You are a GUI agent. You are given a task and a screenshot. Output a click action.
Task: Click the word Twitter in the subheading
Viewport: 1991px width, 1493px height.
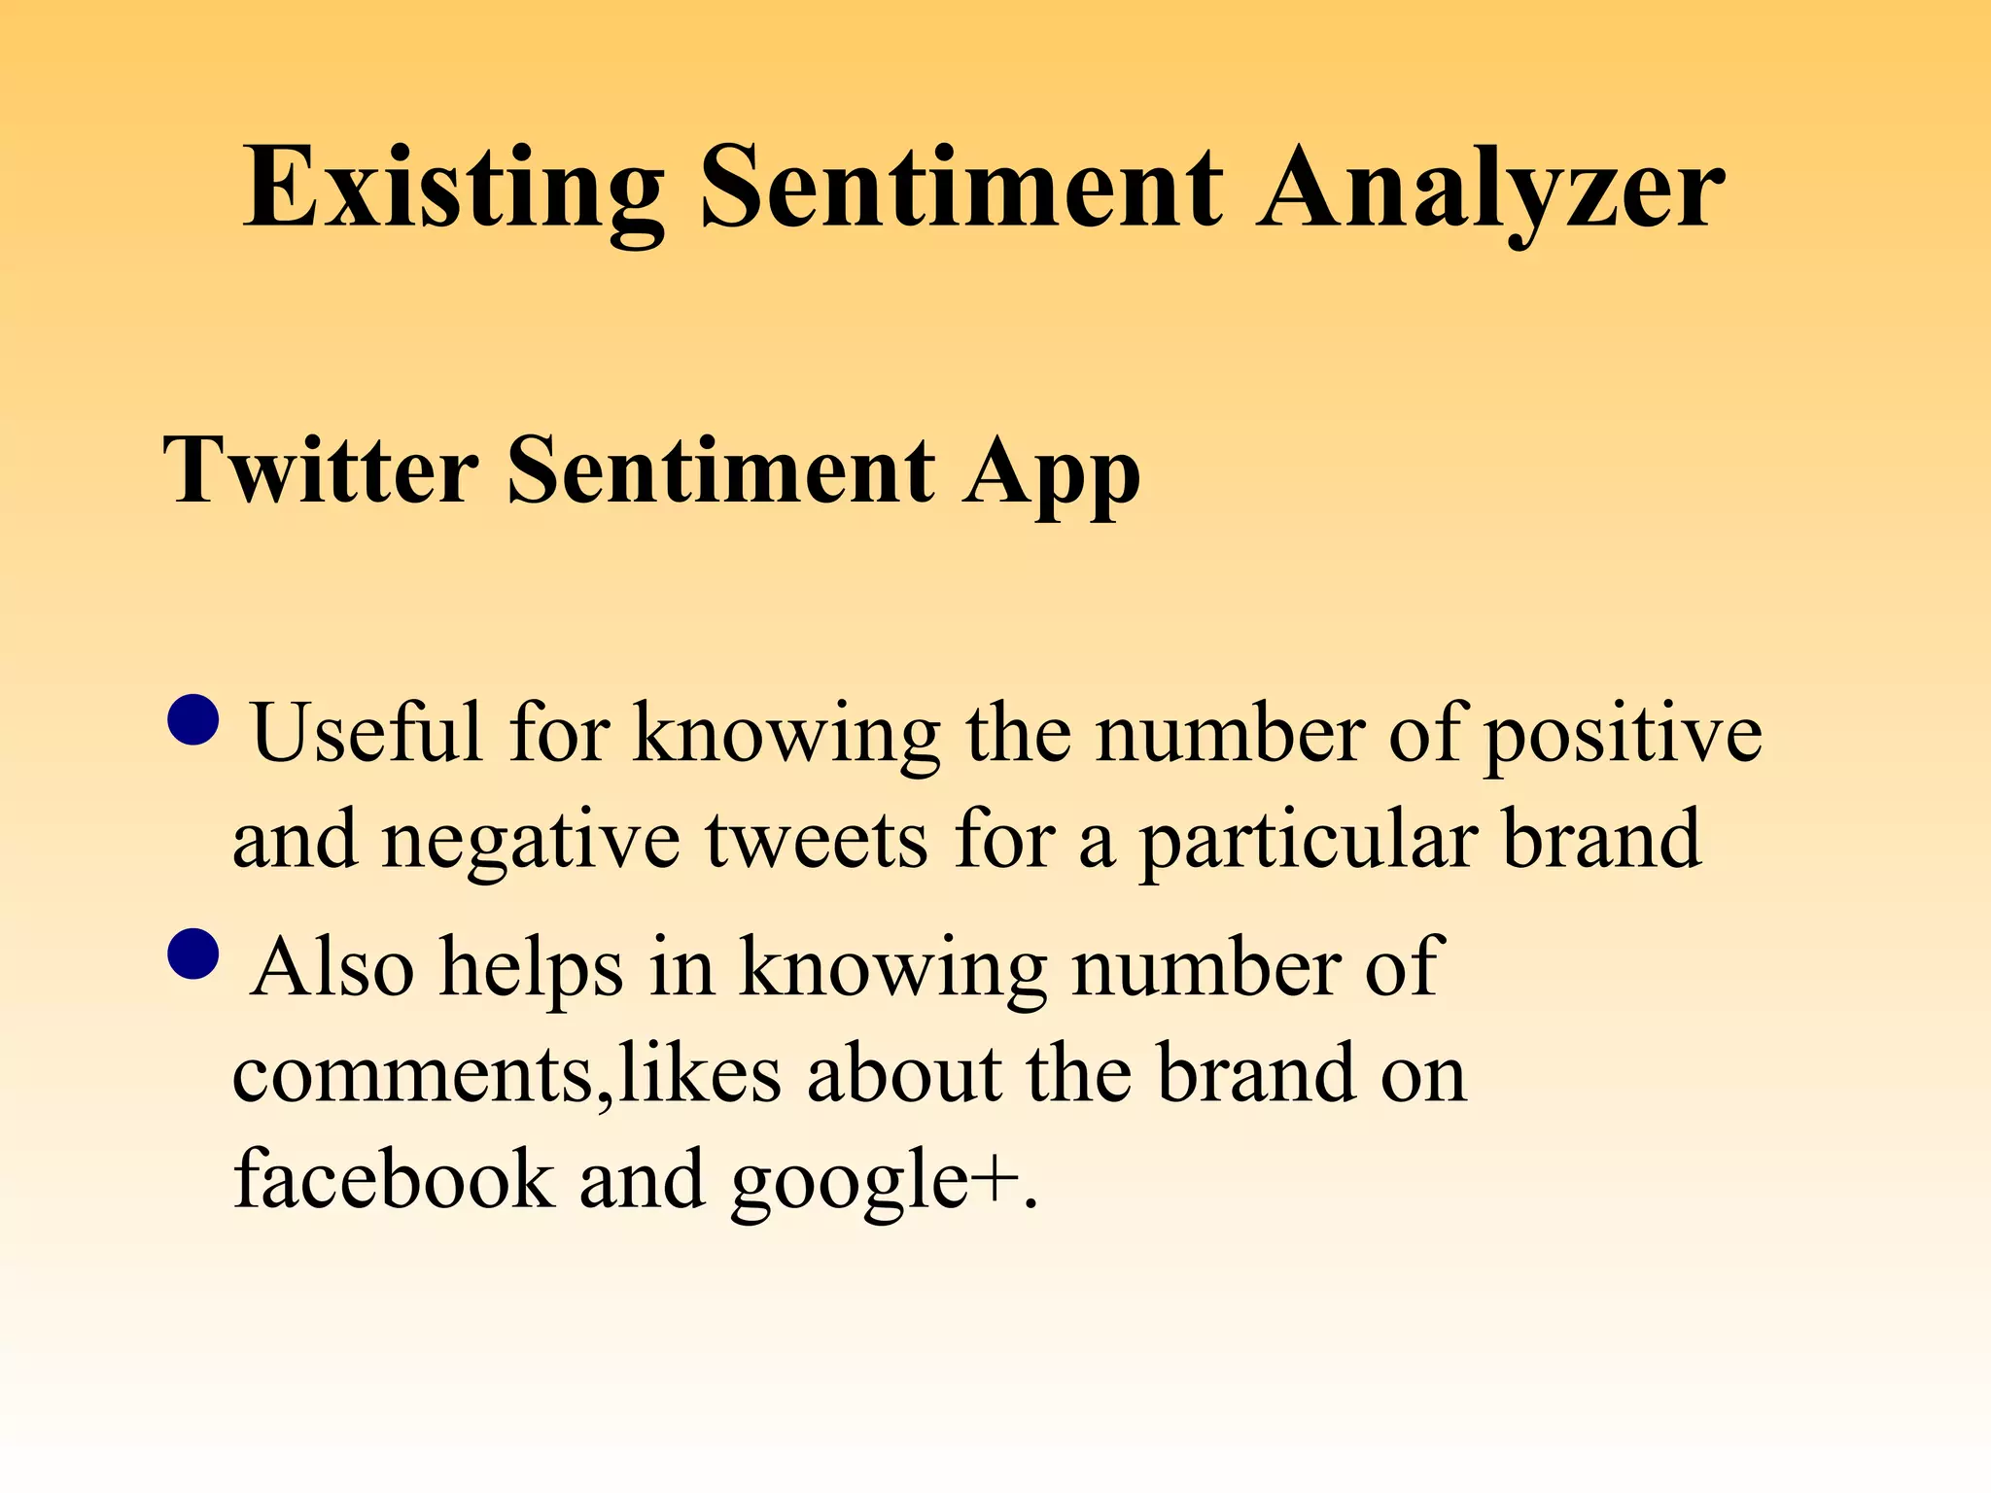(322, 470)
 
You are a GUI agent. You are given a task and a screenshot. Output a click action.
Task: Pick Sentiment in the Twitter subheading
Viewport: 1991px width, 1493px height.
(720, 470)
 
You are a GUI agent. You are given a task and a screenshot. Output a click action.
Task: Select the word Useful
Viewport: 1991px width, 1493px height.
(367, 733)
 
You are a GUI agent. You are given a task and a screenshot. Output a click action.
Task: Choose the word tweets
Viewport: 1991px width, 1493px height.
(816, 840)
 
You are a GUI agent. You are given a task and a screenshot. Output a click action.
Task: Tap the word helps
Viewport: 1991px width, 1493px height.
(531, 968)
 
